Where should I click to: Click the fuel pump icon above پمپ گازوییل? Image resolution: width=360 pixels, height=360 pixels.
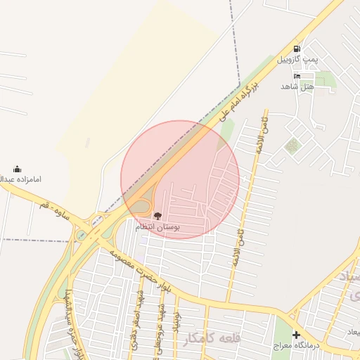297,49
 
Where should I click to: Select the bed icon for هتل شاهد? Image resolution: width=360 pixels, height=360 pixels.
297,76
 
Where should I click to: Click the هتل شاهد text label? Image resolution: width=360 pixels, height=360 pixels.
296,86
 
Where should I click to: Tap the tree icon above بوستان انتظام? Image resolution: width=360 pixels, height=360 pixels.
157,217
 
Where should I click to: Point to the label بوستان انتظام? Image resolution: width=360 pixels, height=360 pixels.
157,228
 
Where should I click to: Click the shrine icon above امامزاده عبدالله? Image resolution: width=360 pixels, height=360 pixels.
17,169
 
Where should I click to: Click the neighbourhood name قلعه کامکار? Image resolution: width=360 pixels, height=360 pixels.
211,338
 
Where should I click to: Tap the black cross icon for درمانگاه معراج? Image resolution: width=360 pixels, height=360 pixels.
296,335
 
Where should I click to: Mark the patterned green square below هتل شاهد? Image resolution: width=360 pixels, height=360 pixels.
291,146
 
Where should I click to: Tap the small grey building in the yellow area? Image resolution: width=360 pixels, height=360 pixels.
88,143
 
